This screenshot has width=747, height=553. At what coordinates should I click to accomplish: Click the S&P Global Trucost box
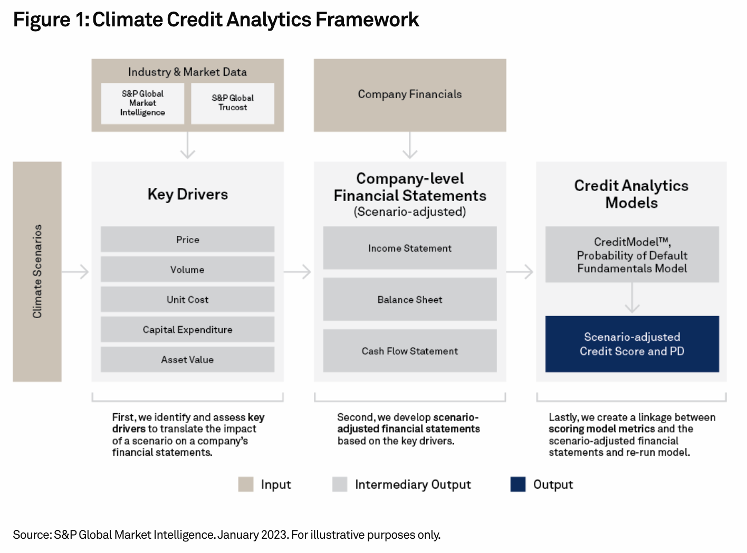click(233, 103)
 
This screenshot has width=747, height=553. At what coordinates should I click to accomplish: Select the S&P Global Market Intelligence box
click(142, 103)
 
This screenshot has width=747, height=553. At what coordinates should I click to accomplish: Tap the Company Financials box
click(410, 95)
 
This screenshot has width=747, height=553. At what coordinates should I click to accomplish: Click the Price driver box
click(188, 239)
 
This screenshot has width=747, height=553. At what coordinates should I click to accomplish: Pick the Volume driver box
click(188, 269)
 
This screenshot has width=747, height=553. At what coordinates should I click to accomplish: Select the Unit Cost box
click(188, 299)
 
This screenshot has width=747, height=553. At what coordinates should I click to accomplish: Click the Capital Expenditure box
click(188, 329)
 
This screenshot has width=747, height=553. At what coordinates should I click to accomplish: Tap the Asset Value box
click(188, 359)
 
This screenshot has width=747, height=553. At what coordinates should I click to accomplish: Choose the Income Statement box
click(410, 247)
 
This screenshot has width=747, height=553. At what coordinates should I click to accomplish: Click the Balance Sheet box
click(410, 299)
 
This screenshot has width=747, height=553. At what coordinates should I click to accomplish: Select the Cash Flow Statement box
click(410, 351)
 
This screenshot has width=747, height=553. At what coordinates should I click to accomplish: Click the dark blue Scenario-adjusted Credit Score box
click(632, 344)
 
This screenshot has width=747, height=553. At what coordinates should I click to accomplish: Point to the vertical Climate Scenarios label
click(37, 271)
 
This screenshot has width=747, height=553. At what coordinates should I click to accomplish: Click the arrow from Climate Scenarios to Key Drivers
click(75, 272)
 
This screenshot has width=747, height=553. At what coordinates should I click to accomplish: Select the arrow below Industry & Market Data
click(188, 145)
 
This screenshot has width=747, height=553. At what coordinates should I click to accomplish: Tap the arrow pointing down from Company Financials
click(410, 145)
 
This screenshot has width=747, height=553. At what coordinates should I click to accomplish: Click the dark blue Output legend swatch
click(518, 484)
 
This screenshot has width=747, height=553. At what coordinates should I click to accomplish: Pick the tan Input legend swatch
click(246, 484)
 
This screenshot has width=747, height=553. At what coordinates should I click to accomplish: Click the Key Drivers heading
click(188, 194)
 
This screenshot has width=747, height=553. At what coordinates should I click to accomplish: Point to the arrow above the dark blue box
click(632, 298)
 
